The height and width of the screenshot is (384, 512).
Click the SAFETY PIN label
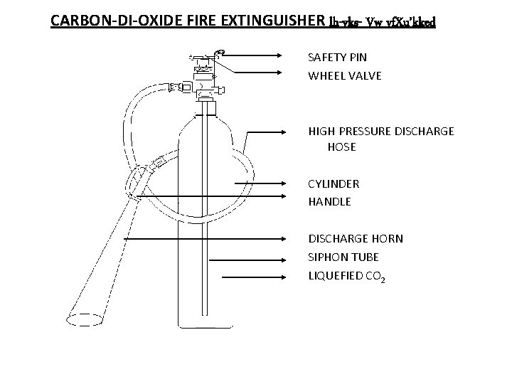click(337, 56)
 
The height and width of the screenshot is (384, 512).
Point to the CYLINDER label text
click(334, 183)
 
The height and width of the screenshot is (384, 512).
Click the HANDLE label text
click(329, 201)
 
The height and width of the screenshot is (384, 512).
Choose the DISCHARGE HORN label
click(355, 238)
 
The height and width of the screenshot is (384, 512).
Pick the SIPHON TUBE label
click(343, 257)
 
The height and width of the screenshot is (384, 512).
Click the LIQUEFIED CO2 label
click(347, 276)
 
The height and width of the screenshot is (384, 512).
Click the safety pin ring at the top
click(221, 52)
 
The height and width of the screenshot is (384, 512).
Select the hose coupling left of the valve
click(174, 87)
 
